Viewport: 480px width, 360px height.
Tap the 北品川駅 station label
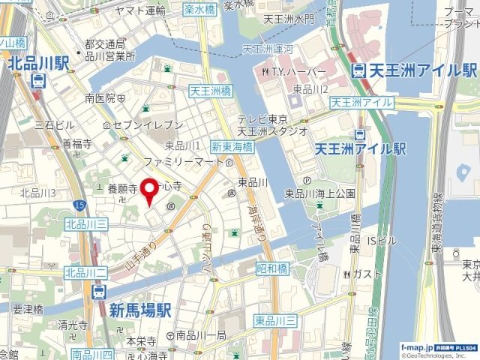pos(40,65)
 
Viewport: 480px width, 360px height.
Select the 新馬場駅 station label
pos(140,310)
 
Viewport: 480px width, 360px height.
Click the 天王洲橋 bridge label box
pos(210,91)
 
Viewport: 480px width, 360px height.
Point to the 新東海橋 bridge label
pos(232,147)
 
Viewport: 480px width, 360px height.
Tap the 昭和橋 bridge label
pos(272,268)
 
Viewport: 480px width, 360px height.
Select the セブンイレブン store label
pos(147,124)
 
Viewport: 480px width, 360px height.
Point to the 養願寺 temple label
pos(123,189)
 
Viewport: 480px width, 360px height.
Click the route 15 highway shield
pos(79,204)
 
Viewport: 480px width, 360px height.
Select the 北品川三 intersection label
pos(86,223)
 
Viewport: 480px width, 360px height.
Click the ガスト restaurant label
pos(367,273)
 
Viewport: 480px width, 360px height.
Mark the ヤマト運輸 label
pos(140,10)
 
